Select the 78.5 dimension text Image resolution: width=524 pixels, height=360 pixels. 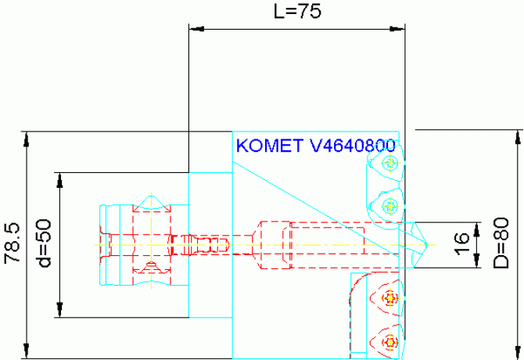[x=11, y=245]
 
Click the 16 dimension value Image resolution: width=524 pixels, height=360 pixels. [x=461, y=243]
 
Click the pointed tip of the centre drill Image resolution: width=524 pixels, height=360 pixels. [x=425, y=244]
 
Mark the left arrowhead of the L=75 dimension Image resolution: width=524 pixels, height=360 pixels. [x=195, y=30]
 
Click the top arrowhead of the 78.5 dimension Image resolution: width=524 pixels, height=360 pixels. [x=27, y=138]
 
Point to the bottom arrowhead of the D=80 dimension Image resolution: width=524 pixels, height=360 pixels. [x=516, y=351]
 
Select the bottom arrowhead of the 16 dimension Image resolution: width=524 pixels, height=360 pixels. [x=478, y=264]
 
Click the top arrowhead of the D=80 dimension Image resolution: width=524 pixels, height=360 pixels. [x=516, y=135]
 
